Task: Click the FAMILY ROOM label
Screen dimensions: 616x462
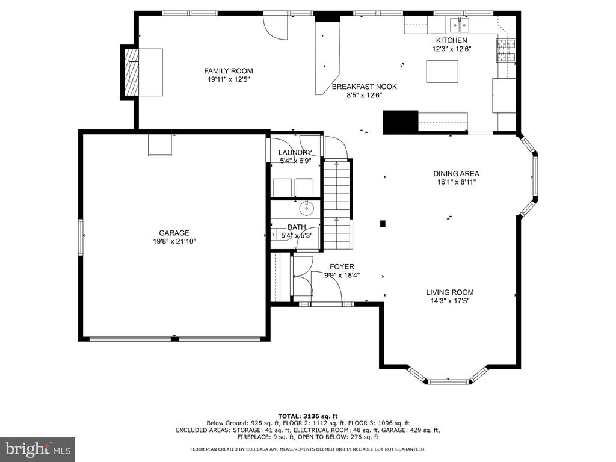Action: [228, 71]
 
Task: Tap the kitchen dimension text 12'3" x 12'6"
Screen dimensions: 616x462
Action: [451, 49]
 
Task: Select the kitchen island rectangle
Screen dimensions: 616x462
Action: [442, 72]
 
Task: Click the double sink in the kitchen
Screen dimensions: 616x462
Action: [459, 25]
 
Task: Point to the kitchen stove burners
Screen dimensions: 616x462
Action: [507, 51]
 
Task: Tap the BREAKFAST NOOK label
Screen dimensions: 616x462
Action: [364, 87]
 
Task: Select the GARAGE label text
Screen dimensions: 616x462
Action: [174, 233]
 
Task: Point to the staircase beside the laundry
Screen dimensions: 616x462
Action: [337, 205]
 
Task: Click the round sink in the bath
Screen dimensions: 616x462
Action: [306, 208]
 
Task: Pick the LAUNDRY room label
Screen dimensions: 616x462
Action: [295, 152]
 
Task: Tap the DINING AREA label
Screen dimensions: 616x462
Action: [456, 174]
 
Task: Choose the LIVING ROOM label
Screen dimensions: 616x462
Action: [450, 292]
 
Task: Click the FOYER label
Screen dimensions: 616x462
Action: [342, 267]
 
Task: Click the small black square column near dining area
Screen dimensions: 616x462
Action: [383, 224]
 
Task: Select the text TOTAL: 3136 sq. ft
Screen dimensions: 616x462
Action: [307, 416]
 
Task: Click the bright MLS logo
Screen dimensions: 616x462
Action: [38, 449]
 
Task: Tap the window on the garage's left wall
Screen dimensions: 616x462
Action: [81, 237]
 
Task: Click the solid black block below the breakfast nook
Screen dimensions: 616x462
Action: [400, 122]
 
